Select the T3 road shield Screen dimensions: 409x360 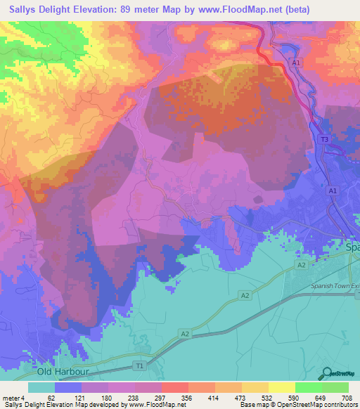[x=324, y=141]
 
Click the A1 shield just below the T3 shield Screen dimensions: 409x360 [x=333, y=190]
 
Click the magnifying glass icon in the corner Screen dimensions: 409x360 [x=328, y=374]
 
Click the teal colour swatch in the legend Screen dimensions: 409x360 [x=41, y=387]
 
